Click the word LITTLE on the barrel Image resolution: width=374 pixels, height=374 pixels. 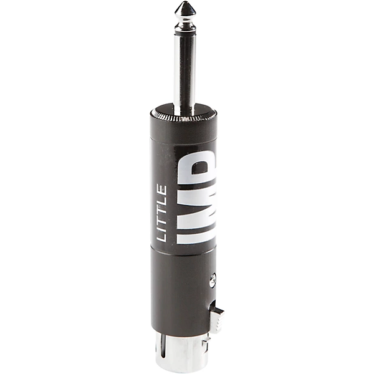[162, 213]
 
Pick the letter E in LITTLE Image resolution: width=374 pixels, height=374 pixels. [162, 189]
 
